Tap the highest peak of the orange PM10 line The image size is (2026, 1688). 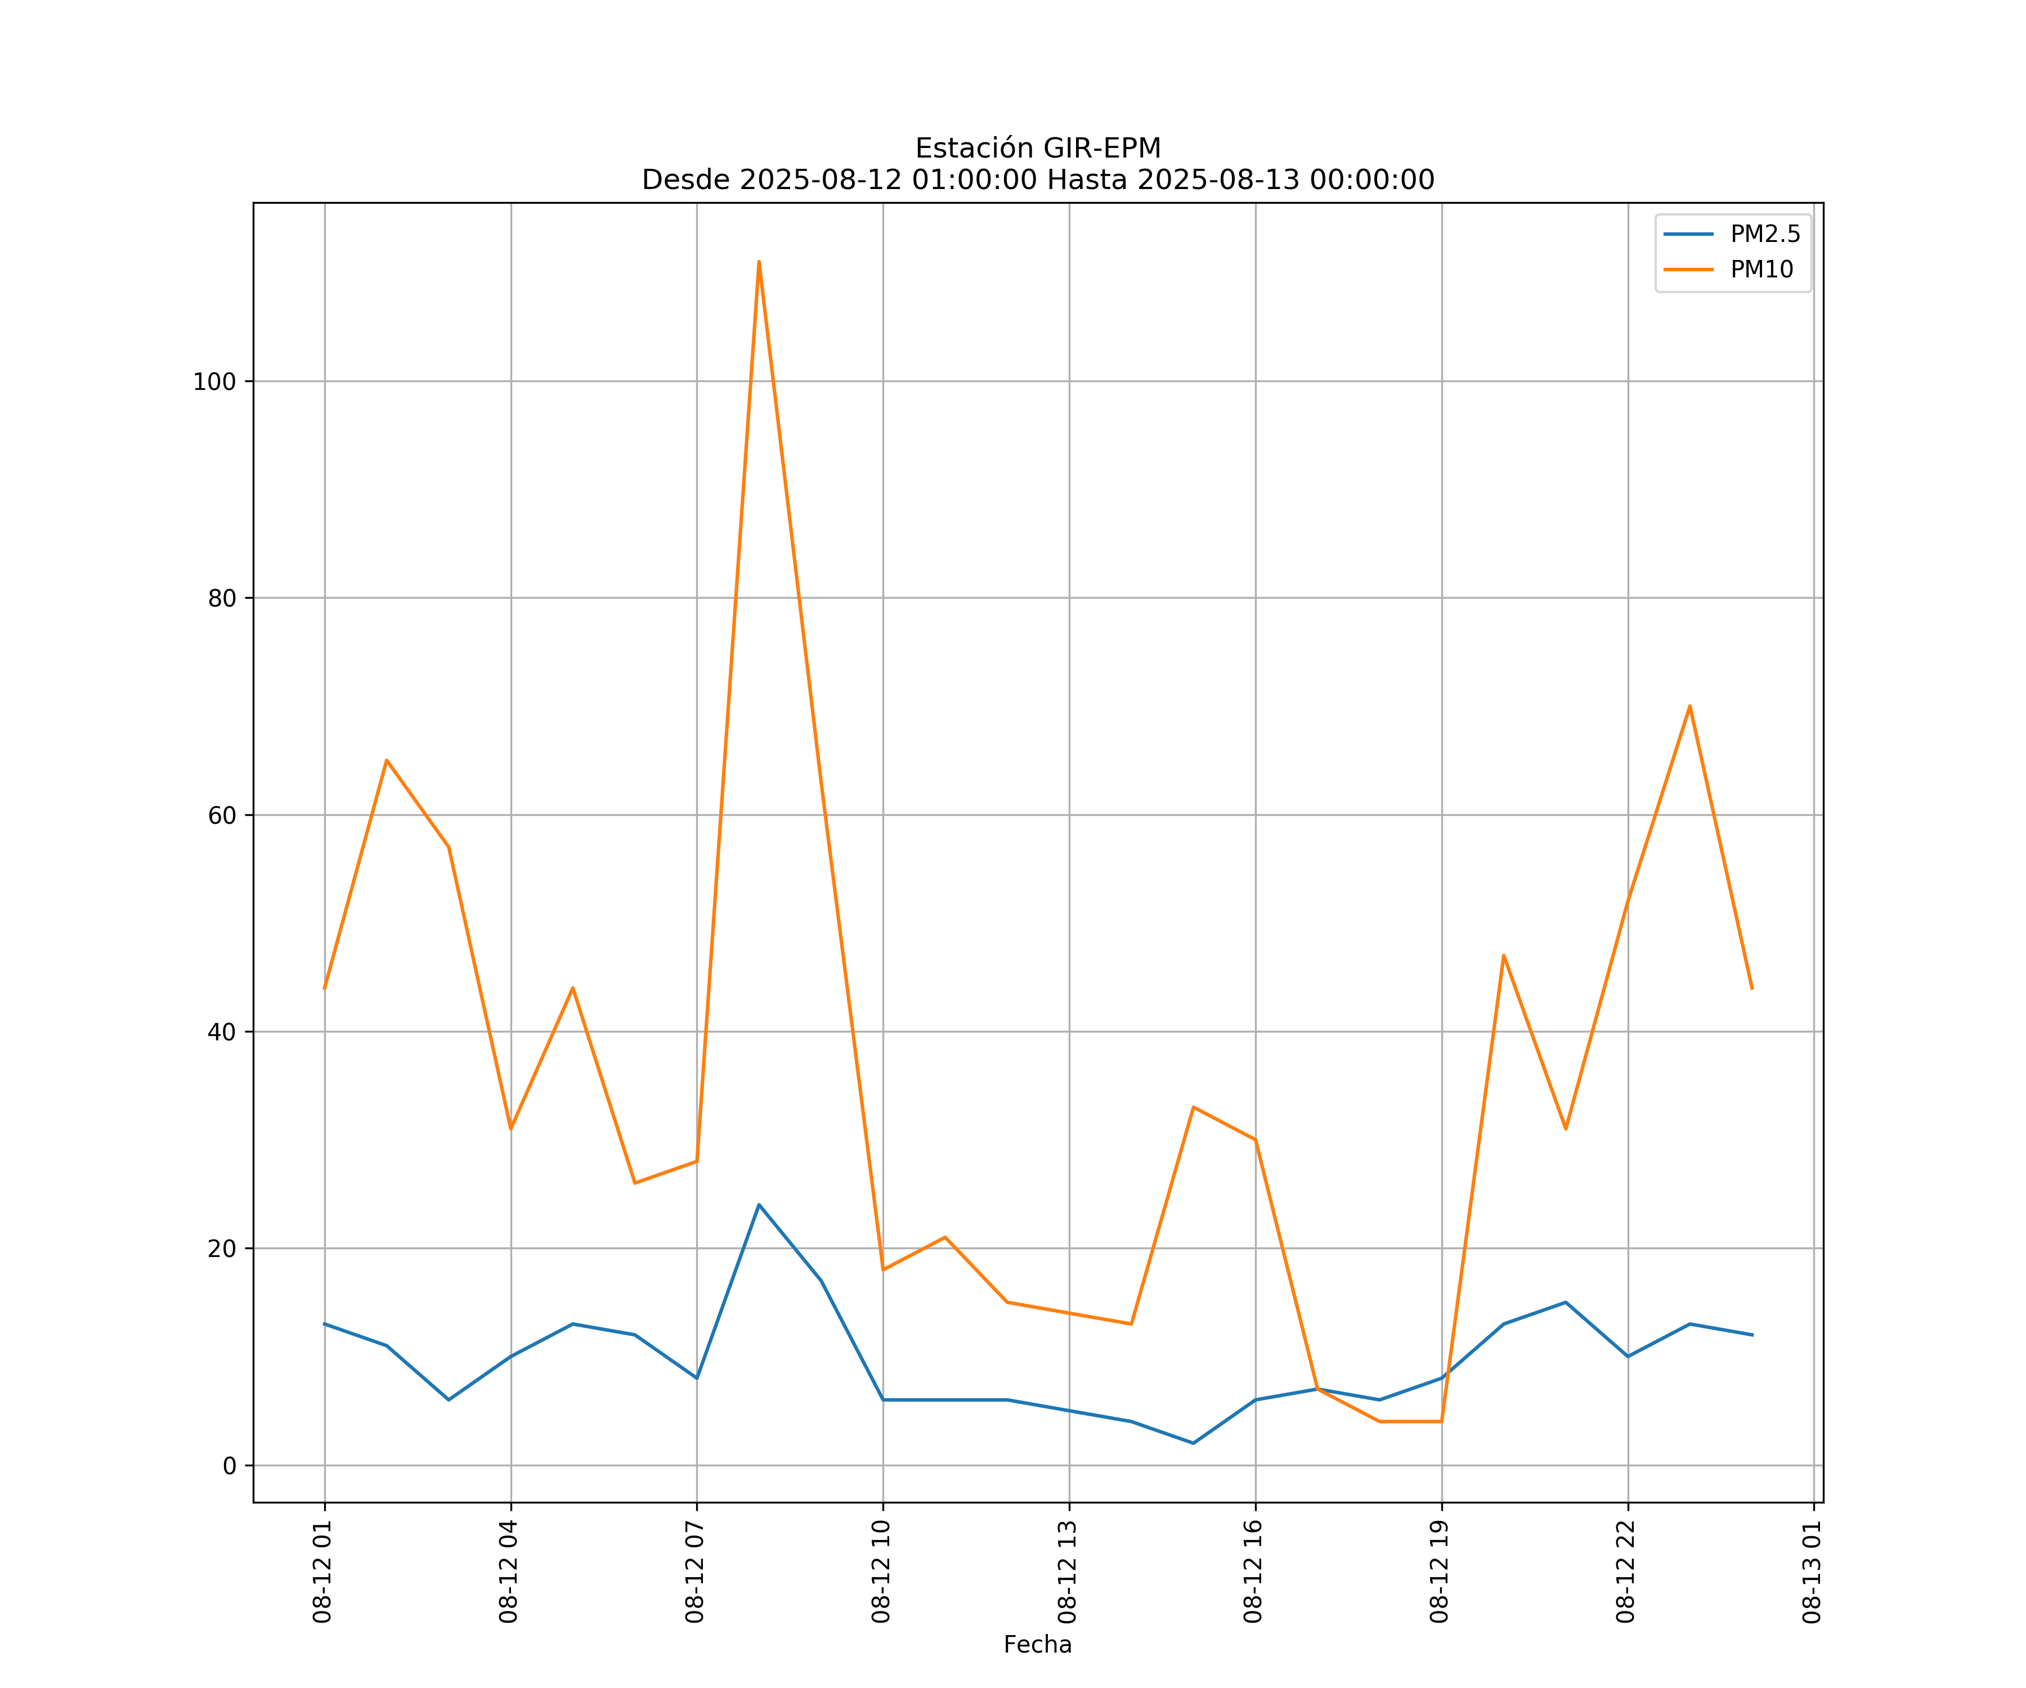(x=759, y=262)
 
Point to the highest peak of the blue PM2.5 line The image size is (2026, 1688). (x=759, y=1205)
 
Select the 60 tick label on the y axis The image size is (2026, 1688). (x=222, y=815)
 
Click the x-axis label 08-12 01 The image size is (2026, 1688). (x=322, y=1572)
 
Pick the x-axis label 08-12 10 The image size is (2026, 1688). (x=881, y=1572)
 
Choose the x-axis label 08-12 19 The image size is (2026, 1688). (x=1440, y=1572)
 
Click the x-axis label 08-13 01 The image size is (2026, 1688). (x=1812, y=1572)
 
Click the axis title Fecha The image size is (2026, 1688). (x=1037, y=1645)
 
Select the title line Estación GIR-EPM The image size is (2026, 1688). (x=1038, y=149)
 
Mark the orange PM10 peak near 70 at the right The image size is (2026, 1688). (x=1689, y=706)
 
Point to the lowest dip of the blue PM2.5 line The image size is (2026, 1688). (x=1194, y=1443)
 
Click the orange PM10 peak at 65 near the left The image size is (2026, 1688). (x=387, y=760)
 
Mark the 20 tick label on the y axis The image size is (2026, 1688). (x=222, y=1249)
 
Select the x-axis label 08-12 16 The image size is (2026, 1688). (x=1253, y=1572)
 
